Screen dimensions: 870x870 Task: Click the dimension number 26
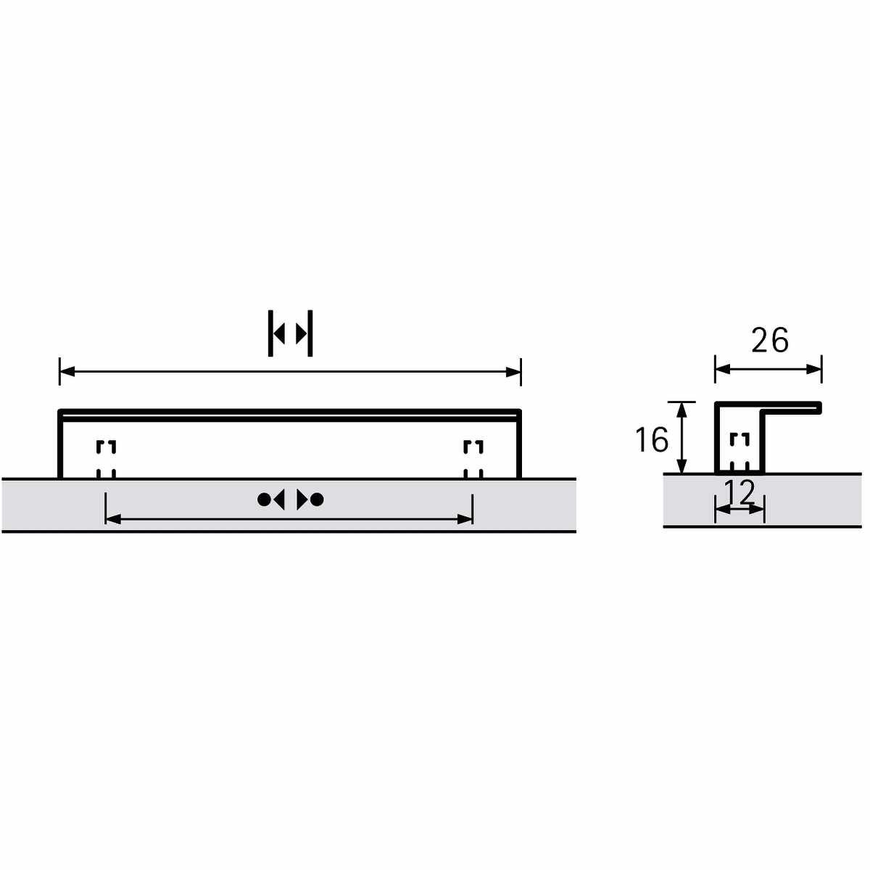[x=770, y=341]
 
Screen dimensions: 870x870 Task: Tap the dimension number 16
[x=652, y=439]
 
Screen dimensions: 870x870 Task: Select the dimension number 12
[x=739, y=492]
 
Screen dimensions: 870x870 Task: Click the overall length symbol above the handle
[x=290, y=333]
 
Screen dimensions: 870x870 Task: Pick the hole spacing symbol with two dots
[x=290, y=500]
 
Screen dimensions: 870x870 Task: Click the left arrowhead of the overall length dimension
[x=67, y=372]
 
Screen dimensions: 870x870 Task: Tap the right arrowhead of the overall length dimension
[x=513, y=372]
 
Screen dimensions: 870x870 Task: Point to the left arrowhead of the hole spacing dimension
[x=113, y=519]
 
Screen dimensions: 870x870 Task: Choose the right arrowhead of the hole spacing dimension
[x=465, y=519]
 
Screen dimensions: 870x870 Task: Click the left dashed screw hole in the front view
[x=106, y=459]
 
